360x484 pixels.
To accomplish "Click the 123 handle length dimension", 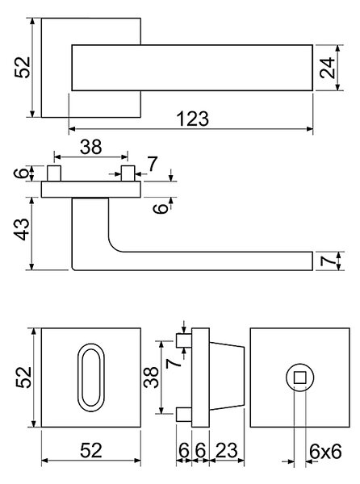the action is pos(193,119).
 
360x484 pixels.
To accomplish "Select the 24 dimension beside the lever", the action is pos(327,68).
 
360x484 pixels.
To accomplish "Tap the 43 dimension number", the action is pos(23,229).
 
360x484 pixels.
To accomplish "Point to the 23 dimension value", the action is pos(226,450).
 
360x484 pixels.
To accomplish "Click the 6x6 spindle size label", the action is pos(325,452).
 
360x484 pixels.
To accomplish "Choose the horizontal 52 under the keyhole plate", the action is pos(90,450).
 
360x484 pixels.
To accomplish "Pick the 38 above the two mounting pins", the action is pos(90,147).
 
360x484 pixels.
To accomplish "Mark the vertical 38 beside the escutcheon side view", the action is pos(151,378).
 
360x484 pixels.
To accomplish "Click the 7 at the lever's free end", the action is pos(327,261).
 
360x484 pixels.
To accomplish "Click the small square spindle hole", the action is pos(299,378).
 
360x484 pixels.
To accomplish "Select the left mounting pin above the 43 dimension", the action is pos(54,173).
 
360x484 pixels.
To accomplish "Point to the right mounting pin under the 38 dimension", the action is pos(128,173).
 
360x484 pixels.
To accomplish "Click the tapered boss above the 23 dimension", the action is pos(227,378).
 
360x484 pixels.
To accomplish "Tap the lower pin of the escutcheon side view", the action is pos(184,414).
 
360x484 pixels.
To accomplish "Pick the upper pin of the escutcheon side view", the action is pos(184,340).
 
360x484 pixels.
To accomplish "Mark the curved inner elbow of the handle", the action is pos(113,246).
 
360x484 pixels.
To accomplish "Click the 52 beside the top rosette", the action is pos(23,68).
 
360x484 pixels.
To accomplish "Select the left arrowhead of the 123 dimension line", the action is pos(72,129).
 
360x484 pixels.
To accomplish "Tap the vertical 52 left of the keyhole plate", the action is pos(23,378).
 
